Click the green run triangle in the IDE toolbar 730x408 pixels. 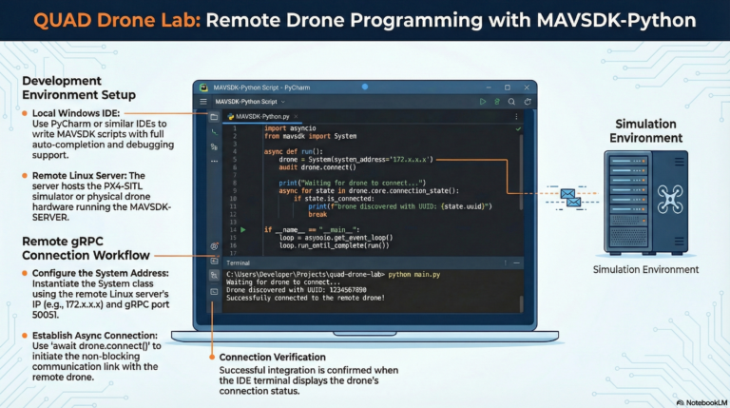pos(483,101)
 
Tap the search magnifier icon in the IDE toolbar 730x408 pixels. pos(512,101)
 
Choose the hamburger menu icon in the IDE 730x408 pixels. pos(202,101)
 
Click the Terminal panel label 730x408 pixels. pos(238,262)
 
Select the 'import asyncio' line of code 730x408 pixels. pos(288,128)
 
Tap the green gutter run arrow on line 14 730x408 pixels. pos(243,229)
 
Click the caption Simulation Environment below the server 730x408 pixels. pos(644,269)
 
